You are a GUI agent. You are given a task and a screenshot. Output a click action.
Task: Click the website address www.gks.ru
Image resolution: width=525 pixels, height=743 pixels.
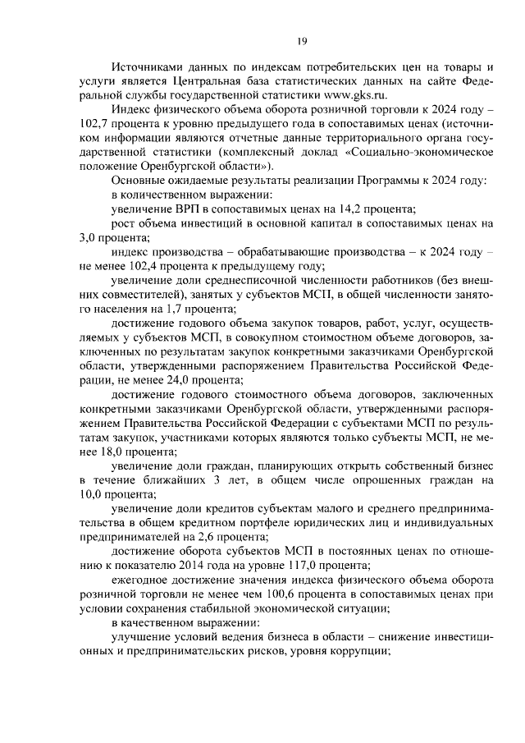349,95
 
